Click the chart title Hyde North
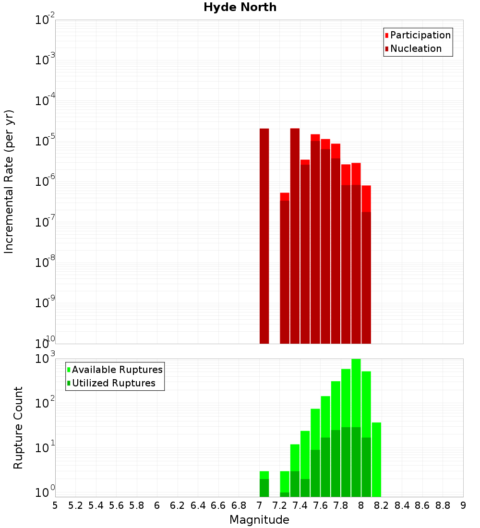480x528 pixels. click(240, 7)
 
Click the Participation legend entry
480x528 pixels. click(420, 35)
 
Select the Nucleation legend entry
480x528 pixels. click(415, 48)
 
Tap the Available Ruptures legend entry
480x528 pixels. click(117, 370)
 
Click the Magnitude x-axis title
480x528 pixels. click(259, 520)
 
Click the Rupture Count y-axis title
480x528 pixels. click(18, 427)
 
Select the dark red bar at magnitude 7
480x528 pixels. click(264, 235)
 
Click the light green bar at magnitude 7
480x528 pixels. click(264, 475)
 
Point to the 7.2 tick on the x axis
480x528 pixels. click(279, 505)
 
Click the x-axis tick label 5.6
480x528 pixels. click(116, 505)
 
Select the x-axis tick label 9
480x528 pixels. click(463, 505)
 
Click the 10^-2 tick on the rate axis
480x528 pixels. click(45, 20)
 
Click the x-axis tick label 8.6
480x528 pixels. click(422, 505)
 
